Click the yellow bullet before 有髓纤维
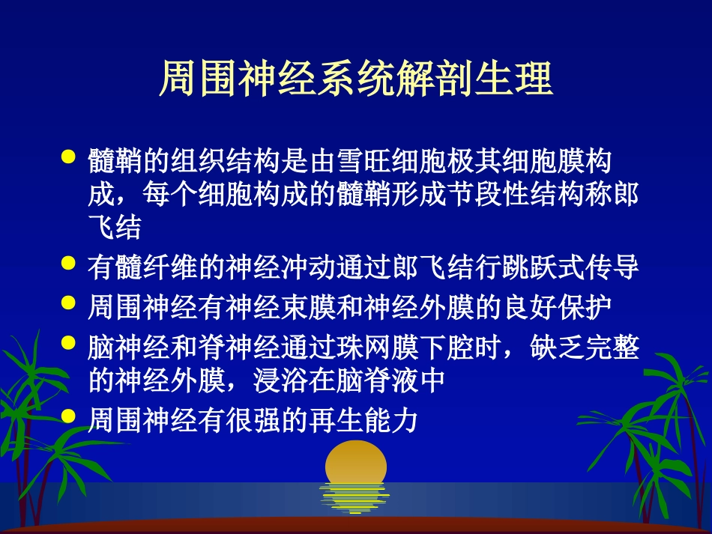pyautogui.click(x=68, y=264)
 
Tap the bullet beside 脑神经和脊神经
pyautogui.click(x=68, y=345)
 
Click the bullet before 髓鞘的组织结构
pyautogui.click(x=68, y=158)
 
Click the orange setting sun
pyautogui.click(x=355, y=464)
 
